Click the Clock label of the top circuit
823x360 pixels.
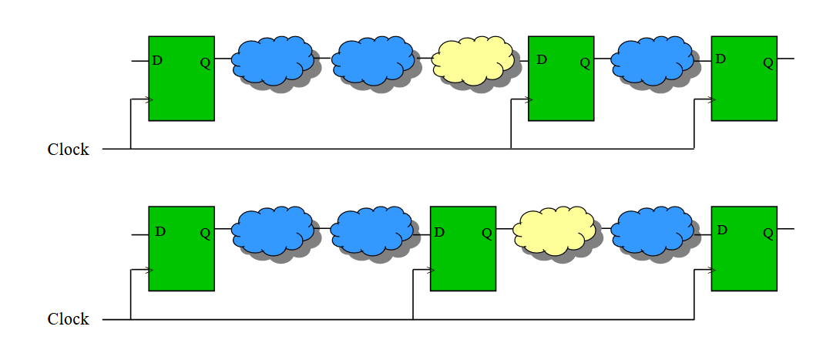(69, 150)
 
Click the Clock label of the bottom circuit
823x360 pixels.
(69, 319)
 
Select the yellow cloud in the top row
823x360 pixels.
(472, 60)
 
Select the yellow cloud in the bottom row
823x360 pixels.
(554, 231)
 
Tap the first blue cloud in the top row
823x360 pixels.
(273, 60)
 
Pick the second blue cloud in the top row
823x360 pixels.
(373, 60)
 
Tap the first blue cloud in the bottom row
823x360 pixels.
(273, 231)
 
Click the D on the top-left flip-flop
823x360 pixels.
(157, 61)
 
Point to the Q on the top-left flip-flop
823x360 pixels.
(205, 63)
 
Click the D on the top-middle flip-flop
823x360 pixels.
(543, 60)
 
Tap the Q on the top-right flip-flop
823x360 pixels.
(768, 63)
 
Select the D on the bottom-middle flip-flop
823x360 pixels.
(439, 233)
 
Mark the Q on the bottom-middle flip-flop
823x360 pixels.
(487, 234)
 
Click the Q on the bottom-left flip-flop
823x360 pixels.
(205, 234)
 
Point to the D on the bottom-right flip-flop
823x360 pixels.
(722, 230)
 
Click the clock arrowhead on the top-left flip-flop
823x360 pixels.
(149, 99)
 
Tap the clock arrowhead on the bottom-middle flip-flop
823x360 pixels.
(432, 271)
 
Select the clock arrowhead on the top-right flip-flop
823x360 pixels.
(712, 99)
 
